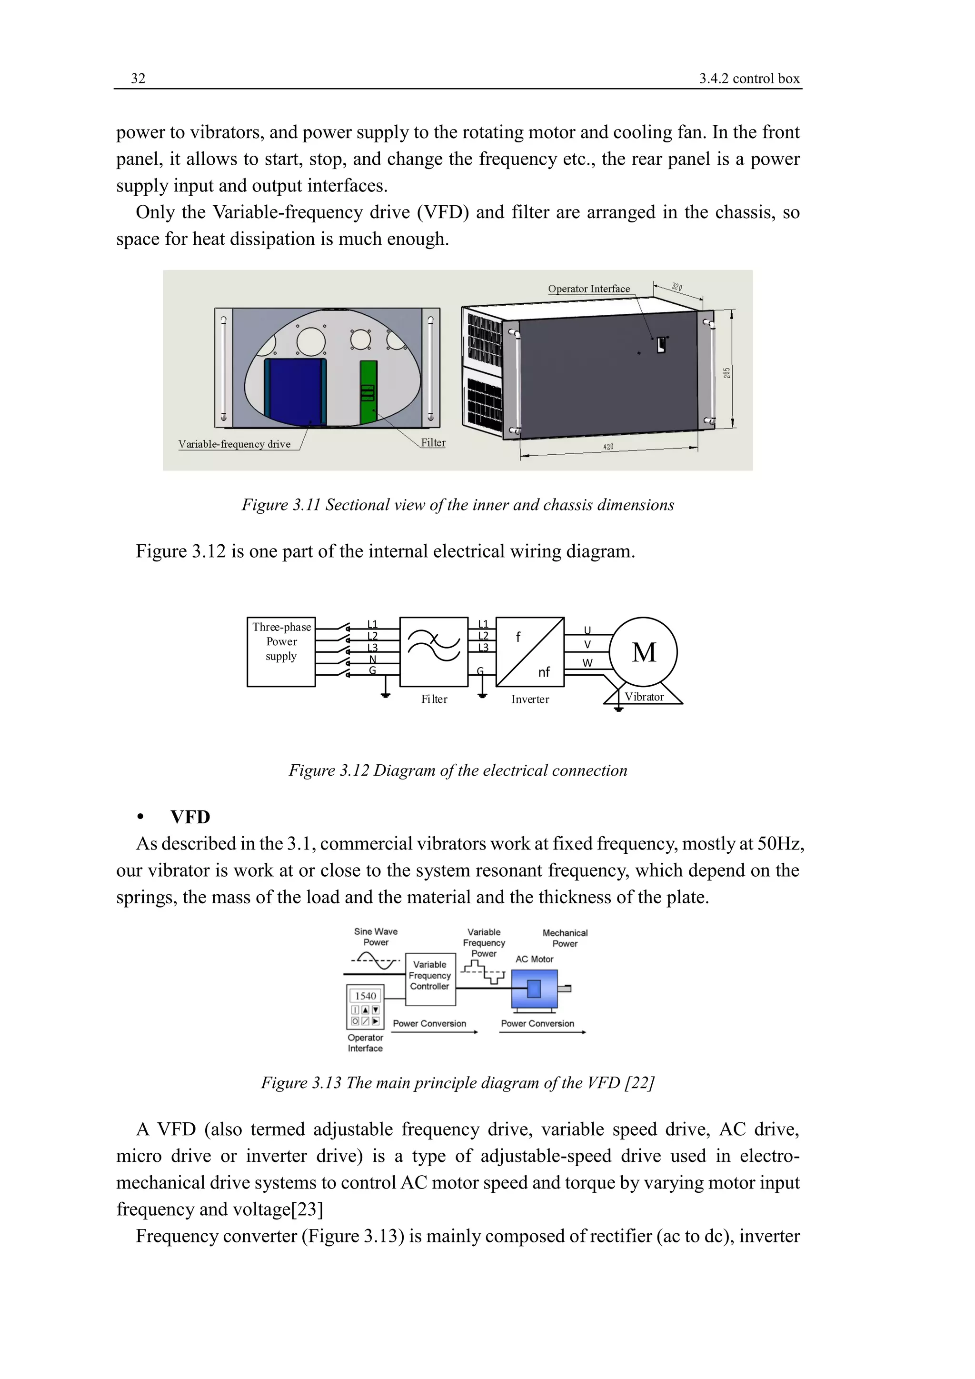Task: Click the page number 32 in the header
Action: [x=138, y=79]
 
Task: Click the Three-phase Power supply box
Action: [x=281, y=652]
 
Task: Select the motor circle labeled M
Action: [x=644, y=652]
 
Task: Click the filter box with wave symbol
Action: [x=434, y=652]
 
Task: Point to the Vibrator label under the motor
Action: [x=644, y=697]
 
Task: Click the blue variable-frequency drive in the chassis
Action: [x=295, y=390]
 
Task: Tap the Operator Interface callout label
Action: [x=588, y=289]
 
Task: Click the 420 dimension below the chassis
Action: [x=608, y=447]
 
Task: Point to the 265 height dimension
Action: [x=726, y=373]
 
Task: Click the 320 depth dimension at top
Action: [x=677, y=287]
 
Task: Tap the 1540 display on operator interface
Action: [x=366, y=996]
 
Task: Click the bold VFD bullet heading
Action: [x=190, y=818]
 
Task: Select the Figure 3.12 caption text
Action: [x=458, y=770]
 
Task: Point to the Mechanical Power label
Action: [x=564, y=938]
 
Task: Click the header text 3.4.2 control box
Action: [x=749, y=79]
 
